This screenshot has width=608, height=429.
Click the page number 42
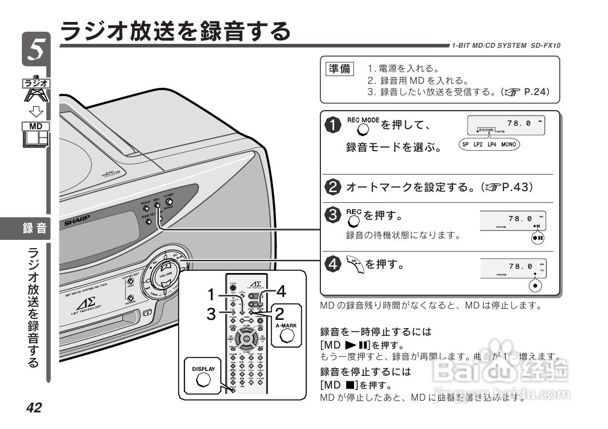[34, 408]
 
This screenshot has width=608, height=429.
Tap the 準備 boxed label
[339, 69]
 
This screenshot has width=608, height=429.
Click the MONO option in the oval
[509, 145]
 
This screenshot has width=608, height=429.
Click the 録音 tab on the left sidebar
[34, 228]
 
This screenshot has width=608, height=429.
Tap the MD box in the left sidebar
[36, 126]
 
